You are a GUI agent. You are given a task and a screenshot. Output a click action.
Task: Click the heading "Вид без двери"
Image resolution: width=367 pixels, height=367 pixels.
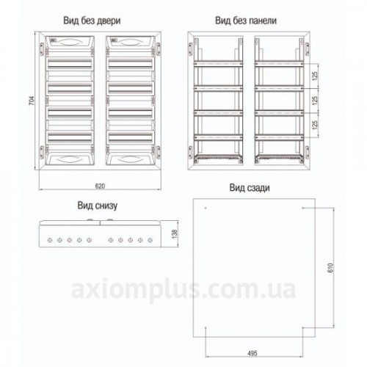point(92,21)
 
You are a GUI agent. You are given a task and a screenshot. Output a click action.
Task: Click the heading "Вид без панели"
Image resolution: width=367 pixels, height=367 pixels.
point(246,21)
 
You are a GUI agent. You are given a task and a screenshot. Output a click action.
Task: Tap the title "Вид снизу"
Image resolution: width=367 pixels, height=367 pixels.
point(98,206)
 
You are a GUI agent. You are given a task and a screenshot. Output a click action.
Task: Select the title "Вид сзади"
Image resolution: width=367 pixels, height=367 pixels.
point(250,188)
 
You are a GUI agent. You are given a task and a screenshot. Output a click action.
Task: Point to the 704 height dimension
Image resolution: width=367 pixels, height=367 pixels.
point(32,101)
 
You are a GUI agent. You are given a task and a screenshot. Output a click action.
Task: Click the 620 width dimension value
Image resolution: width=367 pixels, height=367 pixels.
point(100,186)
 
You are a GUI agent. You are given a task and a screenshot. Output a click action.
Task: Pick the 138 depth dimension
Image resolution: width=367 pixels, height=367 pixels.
point(174,234)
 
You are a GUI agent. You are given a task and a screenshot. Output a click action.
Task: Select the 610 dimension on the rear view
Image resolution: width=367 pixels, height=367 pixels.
point(330,268)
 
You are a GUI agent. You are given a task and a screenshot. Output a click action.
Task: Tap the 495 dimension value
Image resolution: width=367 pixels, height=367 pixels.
point(252,353)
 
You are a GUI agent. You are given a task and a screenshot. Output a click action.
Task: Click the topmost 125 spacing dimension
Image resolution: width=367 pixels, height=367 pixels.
point(315,76)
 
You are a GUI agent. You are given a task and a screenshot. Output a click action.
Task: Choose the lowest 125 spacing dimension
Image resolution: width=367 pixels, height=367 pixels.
point(315,125)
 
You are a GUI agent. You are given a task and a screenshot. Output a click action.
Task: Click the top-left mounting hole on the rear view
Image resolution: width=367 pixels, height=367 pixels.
point(206,208)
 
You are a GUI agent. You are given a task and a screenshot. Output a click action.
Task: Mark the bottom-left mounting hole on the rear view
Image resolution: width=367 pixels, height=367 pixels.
point(206,327)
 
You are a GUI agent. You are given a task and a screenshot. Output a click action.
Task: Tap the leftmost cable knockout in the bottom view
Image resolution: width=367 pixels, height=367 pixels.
point(50,240)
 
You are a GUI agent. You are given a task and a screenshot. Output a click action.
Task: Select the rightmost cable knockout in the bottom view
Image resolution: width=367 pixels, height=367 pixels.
point(150,240)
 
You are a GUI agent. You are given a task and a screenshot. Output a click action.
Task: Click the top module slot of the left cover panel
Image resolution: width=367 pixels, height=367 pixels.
point(70,64)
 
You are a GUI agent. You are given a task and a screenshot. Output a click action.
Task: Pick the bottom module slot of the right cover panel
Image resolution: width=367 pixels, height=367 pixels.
point(131,137)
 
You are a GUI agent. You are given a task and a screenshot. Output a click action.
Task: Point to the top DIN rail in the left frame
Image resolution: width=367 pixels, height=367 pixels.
point(218,64)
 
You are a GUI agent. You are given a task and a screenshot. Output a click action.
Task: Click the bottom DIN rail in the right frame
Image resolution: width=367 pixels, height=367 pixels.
point(279,137)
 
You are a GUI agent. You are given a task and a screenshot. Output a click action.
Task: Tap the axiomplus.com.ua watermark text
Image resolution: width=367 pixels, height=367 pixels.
point(183,289)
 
